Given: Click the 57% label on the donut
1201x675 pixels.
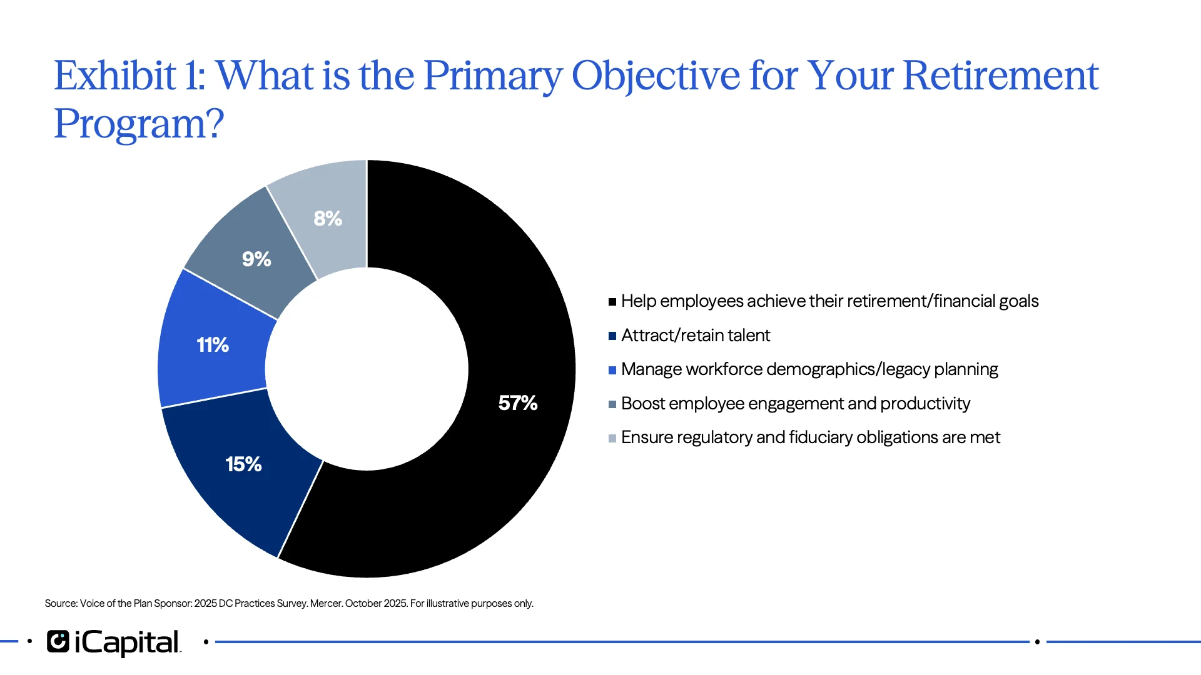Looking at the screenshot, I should pyautogui.click(x=517, y=403).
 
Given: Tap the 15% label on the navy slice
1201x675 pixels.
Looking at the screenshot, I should pyautogui.click(x=243, y=464).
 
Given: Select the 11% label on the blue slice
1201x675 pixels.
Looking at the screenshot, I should pyautogui.click(x=213, y=345).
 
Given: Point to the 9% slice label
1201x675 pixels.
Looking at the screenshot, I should pyautogui.click(x=256, y=259).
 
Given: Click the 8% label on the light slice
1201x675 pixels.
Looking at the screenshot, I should pyautogui.click(x=328, y=219).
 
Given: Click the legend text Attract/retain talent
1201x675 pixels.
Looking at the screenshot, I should pyautogui.click(x=695, y=336).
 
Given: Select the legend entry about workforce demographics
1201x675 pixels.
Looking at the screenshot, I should pyautogui.click(x=809, y=369).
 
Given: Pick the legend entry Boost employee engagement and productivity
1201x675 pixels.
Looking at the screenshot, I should pyautogui.click(x=795, y=404).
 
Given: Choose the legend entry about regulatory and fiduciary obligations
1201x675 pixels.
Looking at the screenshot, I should pyautogui.click(x=810, y=437).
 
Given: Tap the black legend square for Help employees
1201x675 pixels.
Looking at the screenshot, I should pyautogui.click(x=612, y=302).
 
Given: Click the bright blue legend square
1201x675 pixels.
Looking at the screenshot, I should pyautogui.click(x=612, y=370).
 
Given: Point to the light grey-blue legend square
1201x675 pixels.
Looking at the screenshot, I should pyautogui.click(x=612, y=438).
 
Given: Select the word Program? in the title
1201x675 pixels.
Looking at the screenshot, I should pyautogui.click(x=139, y=124).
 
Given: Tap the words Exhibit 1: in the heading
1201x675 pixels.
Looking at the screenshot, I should pyautogui.click(x=129, y=76).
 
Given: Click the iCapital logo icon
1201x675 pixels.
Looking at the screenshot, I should pyautogui.click(x=58, y=642).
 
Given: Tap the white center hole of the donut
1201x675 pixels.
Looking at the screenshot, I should pyautogui.click(x=367, y=369).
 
